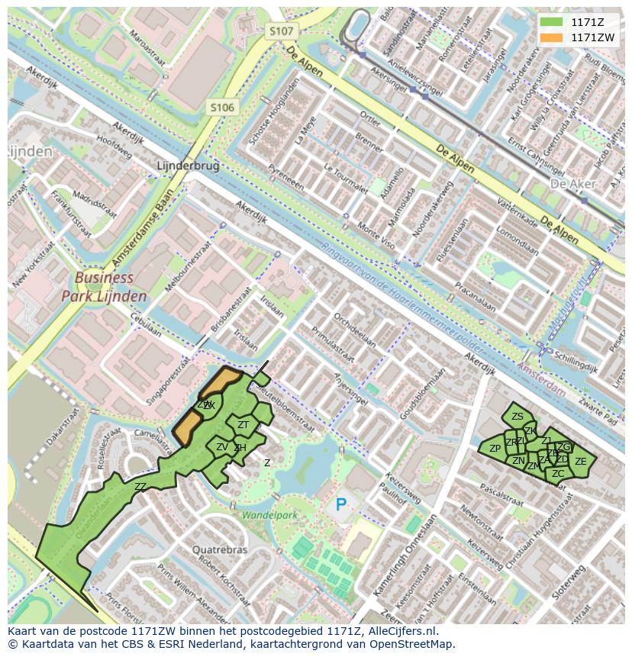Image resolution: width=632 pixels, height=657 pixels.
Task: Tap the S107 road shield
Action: click(x=281, y=31)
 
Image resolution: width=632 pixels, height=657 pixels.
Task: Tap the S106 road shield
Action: click(x=222, y=108)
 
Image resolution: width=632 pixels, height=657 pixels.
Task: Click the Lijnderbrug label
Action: click(x=187, y=166)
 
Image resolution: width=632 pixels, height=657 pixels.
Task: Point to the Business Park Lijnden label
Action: click(x=105, y=287)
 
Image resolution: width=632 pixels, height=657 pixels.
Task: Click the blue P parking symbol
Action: click(x=341, y=504)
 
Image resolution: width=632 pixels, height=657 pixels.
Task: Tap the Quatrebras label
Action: click(x=220, y=549)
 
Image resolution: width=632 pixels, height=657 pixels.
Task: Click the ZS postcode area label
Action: click(x=518, y=416)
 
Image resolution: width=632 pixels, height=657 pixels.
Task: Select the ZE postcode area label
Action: click(x=581, y=462)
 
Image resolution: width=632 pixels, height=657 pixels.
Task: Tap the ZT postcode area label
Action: click(x=243, y=425)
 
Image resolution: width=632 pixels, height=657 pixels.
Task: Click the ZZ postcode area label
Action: click(x=140, y=487)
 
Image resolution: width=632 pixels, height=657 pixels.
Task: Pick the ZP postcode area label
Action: click(x=495, y=449)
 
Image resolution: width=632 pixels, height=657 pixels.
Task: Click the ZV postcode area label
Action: click(x=222, y=447)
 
